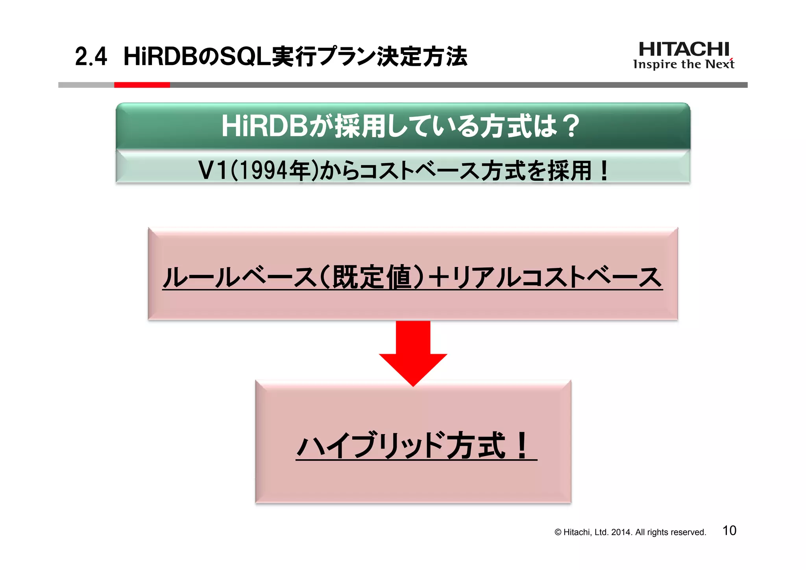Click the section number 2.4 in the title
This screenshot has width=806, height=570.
coord(91,57)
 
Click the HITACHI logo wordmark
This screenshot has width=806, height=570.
coord(684,49)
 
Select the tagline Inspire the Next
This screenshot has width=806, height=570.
coord(684,64)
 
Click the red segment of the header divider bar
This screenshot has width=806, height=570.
coord(142,85)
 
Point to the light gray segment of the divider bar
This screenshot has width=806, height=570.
coord(86,85)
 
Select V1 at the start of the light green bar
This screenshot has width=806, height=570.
coord(213,171)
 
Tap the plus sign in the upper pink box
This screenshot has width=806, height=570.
coord(439,277)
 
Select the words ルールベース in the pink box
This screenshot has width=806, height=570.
coord(240,277)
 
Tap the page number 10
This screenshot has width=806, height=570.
coord(729,531)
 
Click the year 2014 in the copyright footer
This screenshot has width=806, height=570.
coord(621,532)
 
